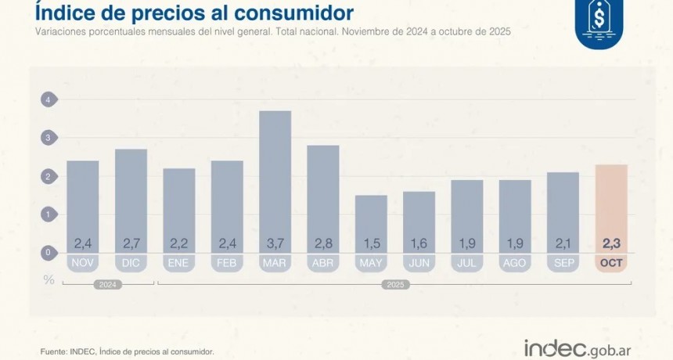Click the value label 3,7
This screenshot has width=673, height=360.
pyautogui.click(x=275, y=242)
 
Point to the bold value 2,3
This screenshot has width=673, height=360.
pyautogui.click(x=611, y=242)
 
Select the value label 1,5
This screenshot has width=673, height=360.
pyautogui.click(x=371, y=242)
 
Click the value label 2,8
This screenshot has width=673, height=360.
pyautogui.click(x=323, y=242)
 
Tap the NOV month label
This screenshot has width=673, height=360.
pyautogui.click(x=83, y=263)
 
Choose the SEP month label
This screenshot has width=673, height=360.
pyautogui.click(x=563, y=263)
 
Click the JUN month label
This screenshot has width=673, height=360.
pyautogui.click(x=419, y=263)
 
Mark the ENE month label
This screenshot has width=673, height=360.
pyautogui.click(x=179, y=263)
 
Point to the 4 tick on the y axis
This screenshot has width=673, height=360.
pyautogui.click(x=49, y=100)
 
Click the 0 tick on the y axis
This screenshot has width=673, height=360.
pyautogui.click(x=49, y=253)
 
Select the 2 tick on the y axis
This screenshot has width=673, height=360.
pyautogui.click(x=49, y=177)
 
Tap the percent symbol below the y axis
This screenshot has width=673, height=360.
pyautogui.click(x=49, y=279)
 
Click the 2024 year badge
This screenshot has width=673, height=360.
pyautogui.click(x=107, y=285)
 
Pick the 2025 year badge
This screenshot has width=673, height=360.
pyautogui.click(x=395, y=285)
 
